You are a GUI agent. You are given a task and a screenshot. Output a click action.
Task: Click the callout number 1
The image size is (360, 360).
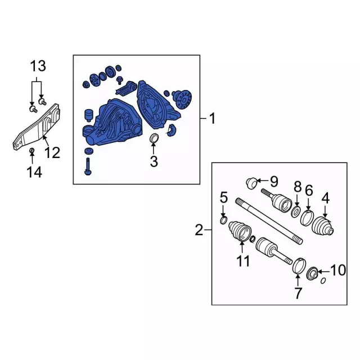point(213,119)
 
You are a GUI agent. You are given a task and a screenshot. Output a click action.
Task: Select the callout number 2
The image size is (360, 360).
point(199,230)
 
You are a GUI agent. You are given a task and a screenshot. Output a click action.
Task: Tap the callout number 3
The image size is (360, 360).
point(154,161)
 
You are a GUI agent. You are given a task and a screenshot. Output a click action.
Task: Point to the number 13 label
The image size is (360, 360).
point(38,66)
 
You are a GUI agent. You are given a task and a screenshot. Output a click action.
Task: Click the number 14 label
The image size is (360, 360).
point(34,172)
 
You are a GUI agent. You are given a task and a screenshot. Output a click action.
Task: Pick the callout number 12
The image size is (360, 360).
point(52,152)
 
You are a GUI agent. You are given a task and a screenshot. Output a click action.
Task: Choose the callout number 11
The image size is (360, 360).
point(243,261)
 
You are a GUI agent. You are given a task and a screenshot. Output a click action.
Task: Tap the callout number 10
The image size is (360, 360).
point(338,270)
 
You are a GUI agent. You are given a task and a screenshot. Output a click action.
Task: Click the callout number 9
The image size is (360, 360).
point(274,181)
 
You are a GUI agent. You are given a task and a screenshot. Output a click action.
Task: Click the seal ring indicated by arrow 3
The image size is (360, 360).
point(154,138)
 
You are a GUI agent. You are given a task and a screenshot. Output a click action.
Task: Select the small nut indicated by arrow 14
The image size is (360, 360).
point(32,151)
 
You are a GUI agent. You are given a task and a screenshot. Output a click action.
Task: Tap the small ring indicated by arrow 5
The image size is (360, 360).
point(224,220)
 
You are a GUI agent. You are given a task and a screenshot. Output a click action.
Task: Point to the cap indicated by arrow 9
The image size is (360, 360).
point(251,183)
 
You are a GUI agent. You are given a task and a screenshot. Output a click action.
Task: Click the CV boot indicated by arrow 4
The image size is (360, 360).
point(322,226)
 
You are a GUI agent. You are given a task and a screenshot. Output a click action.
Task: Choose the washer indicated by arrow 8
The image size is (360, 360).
point(296,211)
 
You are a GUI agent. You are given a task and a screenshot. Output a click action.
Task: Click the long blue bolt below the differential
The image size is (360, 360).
point(88,166)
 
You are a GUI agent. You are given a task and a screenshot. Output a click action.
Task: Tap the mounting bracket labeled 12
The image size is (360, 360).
point(36,127)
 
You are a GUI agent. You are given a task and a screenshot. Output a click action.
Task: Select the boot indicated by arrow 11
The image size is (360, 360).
point(240,231)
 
